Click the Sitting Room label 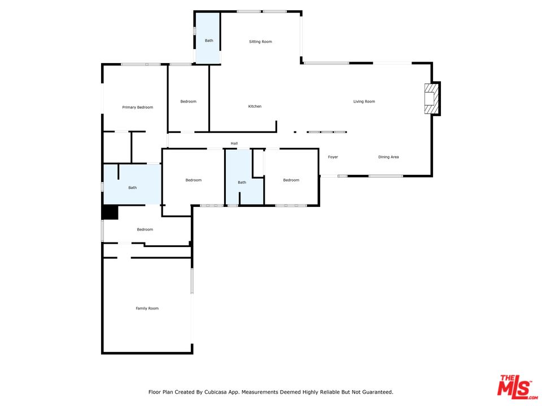click(x=260, y=41)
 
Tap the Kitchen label click(x=255, y=107)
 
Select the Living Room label click(x=364, y=101)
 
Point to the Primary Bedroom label click(x=138, y=107)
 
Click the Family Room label click(x=147, y=308)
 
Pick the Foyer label click(x=333, y=157)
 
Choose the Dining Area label click(x=388, y=157)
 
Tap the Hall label click(x=234, y=143)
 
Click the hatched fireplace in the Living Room click(x=430, y=99)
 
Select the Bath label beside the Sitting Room click(x=209, y=41)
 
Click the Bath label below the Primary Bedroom click(x=132, y=188)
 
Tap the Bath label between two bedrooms click(x=242, y=182)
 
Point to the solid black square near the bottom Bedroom click(x=111, y=213)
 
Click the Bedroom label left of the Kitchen click(x=189, y=101)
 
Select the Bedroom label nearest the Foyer click(x=291, y=180)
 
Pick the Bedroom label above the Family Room click(x=145, y=230)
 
